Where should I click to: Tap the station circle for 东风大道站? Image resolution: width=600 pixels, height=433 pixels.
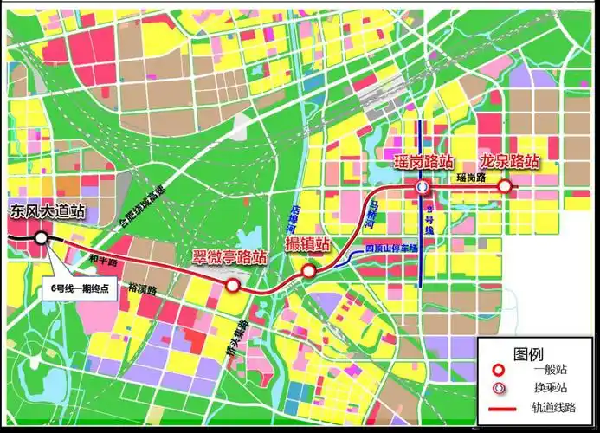pyautogui.click(x=42, y=237)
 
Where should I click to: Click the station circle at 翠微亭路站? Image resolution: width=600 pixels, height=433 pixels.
pyautogui.click(x=231, y=284)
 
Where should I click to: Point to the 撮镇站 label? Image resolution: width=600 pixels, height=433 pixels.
pyautogui.click(x=307, y=245)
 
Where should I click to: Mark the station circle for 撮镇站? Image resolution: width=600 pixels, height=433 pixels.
pyautogui.click(x=308, y=272)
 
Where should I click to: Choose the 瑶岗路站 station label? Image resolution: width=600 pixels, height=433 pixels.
pyautogui.click(x=423, y=162)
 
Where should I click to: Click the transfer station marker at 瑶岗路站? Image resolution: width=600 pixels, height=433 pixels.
pyautogui.click(x=422, y=186)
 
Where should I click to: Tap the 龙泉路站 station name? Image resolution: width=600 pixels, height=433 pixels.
pyautogui.click(x=510, y=162)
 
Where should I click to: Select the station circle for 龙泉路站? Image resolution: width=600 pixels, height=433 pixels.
pyautogui.click(x=504, y=185)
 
